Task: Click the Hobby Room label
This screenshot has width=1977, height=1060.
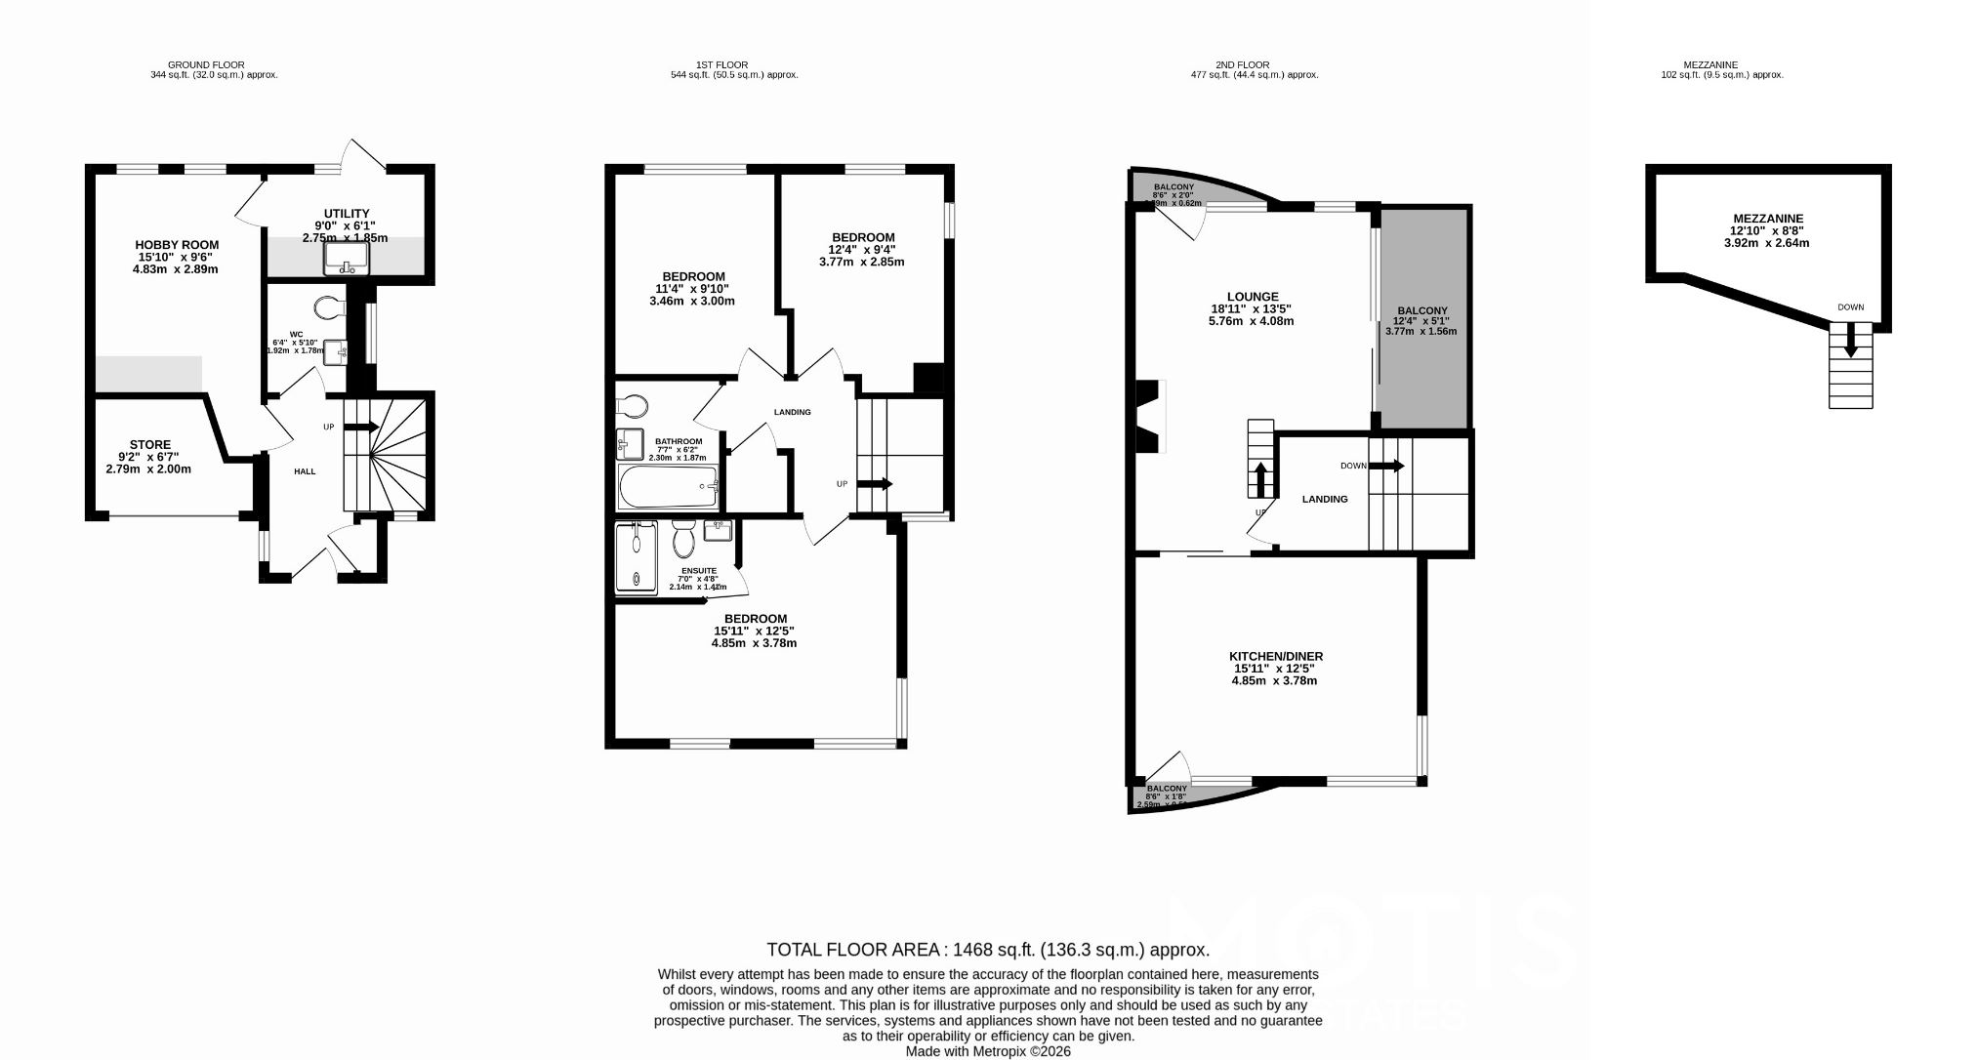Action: tap(177, 257)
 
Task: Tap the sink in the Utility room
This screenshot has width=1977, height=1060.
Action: tap(347, 257)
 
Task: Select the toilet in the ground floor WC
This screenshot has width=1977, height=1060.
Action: tap(330, 308)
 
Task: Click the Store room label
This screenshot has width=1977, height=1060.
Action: tap(149, 457)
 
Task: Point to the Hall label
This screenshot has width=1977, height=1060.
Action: tap(305, 471)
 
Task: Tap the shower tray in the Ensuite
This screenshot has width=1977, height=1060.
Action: tap(637, 556)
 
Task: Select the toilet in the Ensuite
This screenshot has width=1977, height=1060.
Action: tap(683, 538)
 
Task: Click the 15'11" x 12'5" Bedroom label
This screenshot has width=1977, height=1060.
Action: tap(755, 631)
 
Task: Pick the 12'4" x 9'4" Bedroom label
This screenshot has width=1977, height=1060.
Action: tap(862, 249)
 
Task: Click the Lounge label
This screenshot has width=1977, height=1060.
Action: tap(1252, 308)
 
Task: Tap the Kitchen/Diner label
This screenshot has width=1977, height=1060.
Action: tap(1275, 669)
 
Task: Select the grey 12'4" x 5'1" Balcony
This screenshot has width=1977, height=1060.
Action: tap(1421, 318)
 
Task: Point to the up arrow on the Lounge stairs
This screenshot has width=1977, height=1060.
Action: tap(1260, 479)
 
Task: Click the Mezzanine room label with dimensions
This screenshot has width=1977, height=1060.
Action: tap(1767, 230)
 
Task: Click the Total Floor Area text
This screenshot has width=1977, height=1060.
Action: tap(988, 950)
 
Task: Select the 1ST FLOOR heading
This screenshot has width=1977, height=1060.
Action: tap(721, 65)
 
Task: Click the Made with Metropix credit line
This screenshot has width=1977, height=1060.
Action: tap(988, 1051)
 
